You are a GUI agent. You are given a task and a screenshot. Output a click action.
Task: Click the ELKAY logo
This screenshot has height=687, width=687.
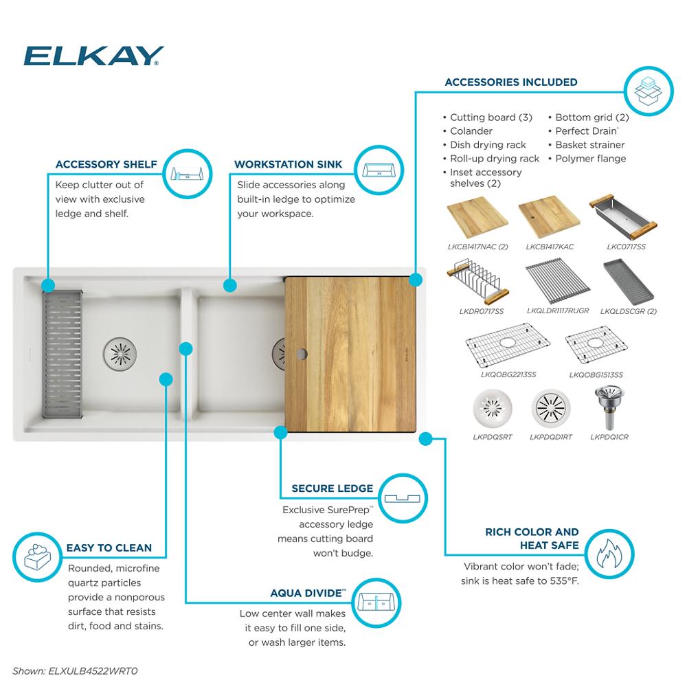coord(93,56)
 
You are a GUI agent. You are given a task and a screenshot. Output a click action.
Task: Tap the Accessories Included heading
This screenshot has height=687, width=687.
coord(510,82)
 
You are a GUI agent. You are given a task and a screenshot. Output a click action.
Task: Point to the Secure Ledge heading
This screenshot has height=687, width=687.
coord(332,488)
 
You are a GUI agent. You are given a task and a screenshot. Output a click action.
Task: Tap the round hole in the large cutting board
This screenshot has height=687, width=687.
coord(301,354)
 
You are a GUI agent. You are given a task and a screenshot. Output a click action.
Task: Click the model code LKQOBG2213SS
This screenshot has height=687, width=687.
coord(508,375)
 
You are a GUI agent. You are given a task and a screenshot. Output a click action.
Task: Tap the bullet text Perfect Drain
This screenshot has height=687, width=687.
coord(587,131)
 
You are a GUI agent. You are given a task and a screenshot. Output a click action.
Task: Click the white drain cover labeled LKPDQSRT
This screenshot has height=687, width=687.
coord(492,410)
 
